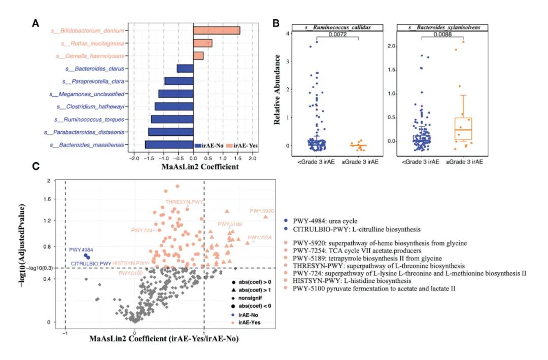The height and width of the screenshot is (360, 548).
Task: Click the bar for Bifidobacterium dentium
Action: [x=217, y=31]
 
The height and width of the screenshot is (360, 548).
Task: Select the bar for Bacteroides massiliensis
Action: [x=169, y=145]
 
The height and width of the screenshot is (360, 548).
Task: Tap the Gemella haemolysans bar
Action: [x=198, y=56]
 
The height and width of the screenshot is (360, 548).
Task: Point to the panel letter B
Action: [x=276, y=23]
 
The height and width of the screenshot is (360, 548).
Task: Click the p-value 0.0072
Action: [x=337, y=34]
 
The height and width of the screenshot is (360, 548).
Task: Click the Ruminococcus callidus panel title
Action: [x=337, y=27]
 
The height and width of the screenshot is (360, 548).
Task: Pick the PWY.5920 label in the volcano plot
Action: [x=262, y=211]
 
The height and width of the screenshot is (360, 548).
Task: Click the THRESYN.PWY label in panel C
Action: [x=184, y=202]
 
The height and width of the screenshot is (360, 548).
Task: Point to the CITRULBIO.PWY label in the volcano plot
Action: [x=91, y=263]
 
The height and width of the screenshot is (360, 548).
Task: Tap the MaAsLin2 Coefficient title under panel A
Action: [x=193, y=166]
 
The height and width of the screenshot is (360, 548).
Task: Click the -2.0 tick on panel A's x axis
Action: [x=134, y=158]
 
